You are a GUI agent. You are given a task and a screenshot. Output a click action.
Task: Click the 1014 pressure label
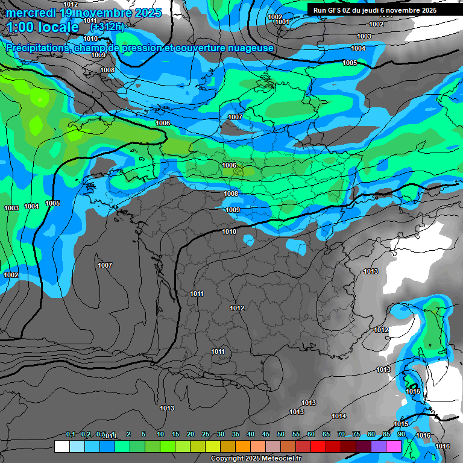pyautogui.click(x=339, y=416)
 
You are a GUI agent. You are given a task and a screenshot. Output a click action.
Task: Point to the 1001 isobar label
pyautogui.click(x=282, y=22)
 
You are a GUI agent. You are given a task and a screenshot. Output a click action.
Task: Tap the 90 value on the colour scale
pyautogui.click(x=401, y=434)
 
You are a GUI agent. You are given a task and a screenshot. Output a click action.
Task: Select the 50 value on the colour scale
pyautogui.click(x=281, y=434)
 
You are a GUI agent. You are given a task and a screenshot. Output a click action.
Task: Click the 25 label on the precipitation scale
pyautogui.click(x=206, y=434)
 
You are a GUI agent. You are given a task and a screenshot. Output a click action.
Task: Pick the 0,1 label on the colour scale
pyautogui.click(x=71, y=434)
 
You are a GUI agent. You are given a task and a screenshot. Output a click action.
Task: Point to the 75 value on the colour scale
pyautogui.click(x=356, y=434)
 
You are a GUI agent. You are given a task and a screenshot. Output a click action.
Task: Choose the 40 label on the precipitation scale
pyautogui.click(x=251, y=434)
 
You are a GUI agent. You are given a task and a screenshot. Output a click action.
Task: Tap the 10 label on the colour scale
pyautogui.click(x=160, y=434)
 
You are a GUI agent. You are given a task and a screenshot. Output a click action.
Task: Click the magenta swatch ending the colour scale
pyautogui.click(x=394, y=446)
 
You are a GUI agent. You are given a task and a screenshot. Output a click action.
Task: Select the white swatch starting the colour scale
pyautogui.click(x=61, y=446)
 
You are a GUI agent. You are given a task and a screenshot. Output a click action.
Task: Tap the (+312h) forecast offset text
pyautogui.click(x=107, y=27)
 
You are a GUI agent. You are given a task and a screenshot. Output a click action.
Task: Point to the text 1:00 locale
pyautogui.click(x=43, y=27)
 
